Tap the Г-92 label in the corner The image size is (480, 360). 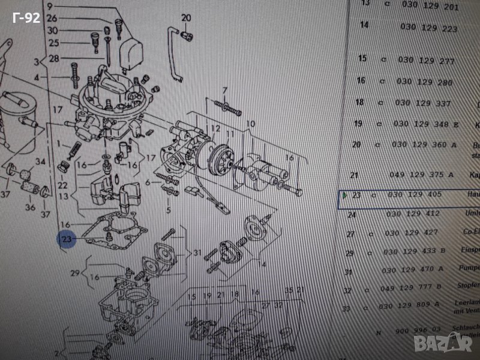[x=26, y=19]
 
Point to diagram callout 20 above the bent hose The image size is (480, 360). [x=185, y=17]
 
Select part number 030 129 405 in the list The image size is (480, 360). [x=415, y=195]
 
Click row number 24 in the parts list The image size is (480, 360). [x=352, y=214]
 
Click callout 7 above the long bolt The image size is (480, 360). [x=225, y=91]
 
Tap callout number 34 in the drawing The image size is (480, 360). [x=40, y=162]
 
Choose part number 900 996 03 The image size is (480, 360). [x=419, y=331]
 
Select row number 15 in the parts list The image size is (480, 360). [x=362, y=58]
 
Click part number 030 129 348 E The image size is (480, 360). [x=423, y=124]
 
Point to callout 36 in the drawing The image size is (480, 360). [x=29, y=208]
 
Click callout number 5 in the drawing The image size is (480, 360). [x=168, y=210]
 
